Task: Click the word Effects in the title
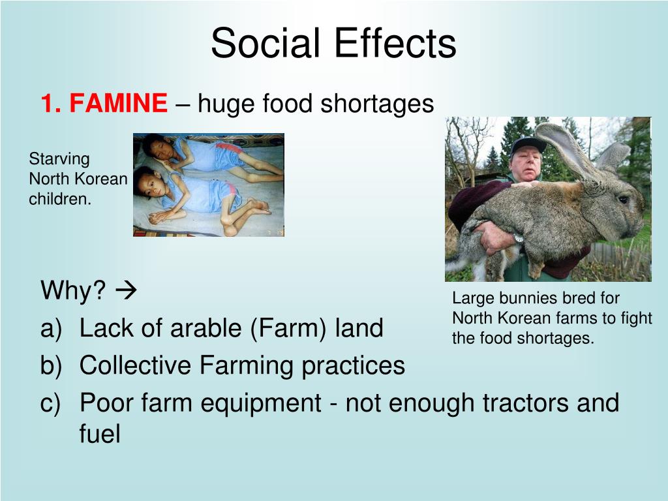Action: pyautogui.click(x=395, y=44)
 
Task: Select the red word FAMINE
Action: pyautogui.click(x=118, y=103)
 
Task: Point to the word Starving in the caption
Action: pyautogui.click(x=59, y=159)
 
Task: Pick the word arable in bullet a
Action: pyautogui.click(x=205, y=328)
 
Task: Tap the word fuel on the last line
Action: pyautogui.click(x=100, y=434)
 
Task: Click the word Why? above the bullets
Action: pyautogui.click(x=73, y=291)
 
